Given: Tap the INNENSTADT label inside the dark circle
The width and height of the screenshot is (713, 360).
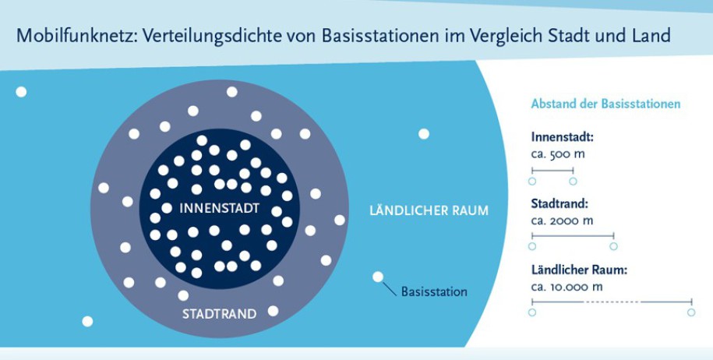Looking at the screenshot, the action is coord(220,208).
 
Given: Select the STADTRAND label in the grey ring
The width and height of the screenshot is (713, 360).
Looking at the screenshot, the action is coord(219,313).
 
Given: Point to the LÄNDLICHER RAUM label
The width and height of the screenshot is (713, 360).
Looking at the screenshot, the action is coord(429,210).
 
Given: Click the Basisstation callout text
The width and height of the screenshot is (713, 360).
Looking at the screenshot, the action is coord(434,291).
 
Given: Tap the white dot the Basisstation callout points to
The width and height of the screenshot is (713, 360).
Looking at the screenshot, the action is coord(378,277).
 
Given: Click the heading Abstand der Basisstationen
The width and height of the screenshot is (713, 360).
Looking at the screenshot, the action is coord(605,104).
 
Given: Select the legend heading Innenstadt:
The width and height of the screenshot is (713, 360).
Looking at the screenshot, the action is coord(562,137).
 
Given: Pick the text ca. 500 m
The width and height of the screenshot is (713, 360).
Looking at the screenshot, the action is coord(558,154).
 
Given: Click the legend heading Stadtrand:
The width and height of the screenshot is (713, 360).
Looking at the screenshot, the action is coord(559,203).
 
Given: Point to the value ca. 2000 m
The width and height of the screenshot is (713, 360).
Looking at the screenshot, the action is coord(562,221).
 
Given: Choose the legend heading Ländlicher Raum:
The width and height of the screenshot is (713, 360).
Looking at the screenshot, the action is coord(579,270).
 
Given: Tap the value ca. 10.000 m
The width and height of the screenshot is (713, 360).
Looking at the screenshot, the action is coord(567,287).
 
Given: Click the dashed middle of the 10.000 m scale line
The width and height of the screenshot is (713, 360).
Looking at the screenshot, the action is coord(612,302).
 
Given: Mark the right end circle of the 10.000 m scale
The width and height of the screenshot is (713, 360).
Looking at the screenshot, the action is coord(691,312).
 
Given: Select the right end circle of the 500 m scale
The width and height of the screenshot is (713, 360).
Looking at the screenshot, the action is coord(573,182).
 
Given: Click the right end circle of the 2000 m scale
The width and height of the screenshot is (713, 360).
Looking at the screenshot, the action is coord(613,246).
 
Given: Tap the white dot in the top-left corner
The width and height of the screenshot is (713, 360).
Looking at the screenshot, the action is coord(21,92).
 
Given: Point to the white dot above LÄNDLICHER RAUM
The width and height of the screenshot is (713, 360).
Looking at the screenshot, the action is coord(424,134).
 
